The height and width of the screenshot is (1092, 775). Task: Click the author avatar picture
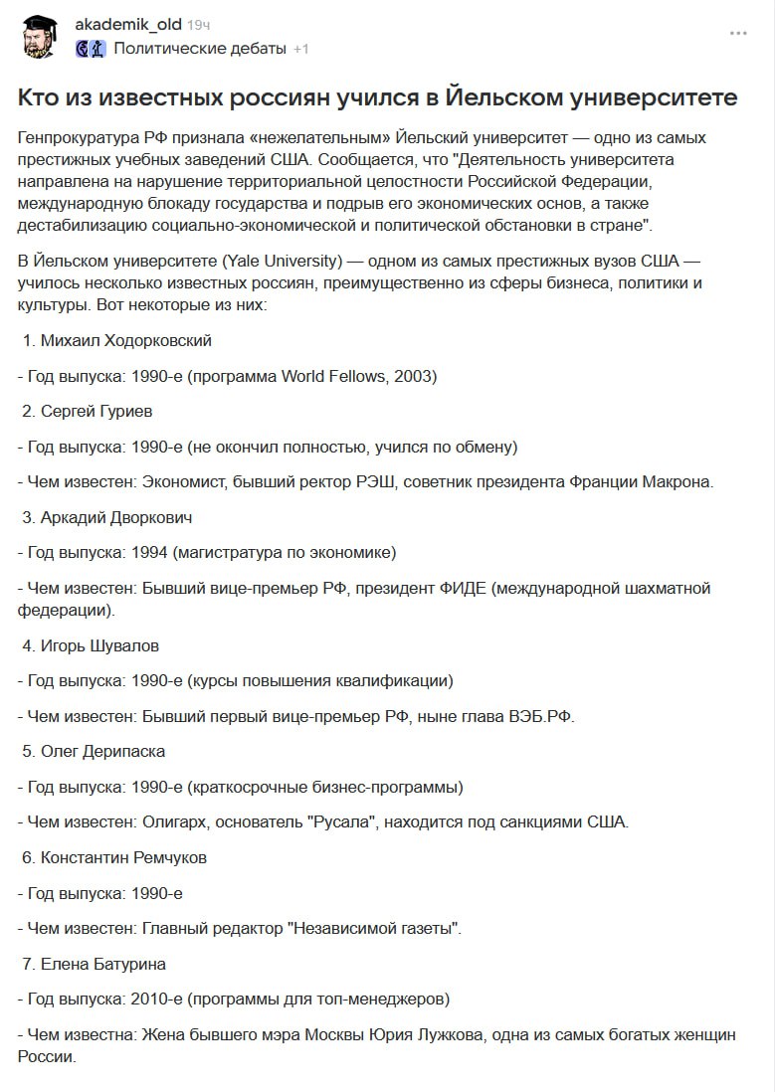pyautogui.click(x=40, y=36)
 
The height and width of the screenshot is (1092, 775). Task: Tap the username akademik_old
pyautogui.click(x=128, y=24)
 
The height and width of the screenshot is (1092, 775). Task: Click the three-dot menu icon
pyautogui.click(x=737, y=33)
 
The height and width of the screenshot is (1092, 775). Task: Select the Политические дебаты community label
pyautogui.click(x=200, y=48)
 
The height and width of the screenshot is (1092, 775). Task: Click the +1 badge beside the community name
pyautogui.click(x=301, y=49)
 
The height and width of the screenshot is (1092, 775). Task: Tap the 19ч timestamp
pyautogui.click(x=199, y=24)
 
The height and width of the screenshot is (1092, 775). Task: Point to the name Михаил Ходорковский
pyautogui.click(x=125, y=341)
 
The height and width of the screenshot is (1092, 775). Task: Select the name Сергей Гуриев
pyautogui.click(x=97, y=411)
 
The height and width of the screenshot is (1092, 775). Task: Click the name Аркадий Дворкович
pyautogui.click(x=116, y=517)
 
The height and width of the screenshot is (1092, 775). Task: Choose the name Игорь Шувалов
pyautogui.click(x=99, y=645)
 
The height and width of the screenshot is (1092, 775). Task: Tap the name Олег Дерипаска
pyautogui.click(x=102, y=751)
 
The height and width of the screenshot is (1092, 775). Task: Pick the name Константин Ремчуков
pyautogui.click(x=123, y=857)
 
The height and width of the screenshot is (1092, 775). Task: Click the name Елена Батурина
pyautogui.click(x=102, y=963)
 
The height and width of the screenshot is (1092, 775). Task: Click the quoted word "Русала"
pyautogui.click(x=340, y=821)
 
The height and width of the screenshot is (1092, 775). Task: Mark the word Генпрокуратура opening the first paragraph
pyautogui.click(x=79, y=137)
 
